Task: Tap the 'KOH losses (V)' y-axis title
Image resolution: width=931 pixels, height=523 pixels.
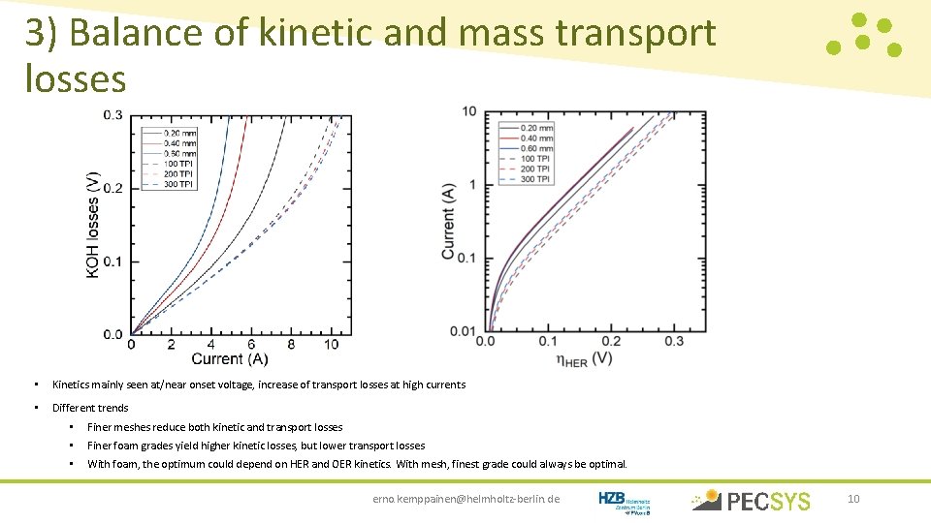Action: pyautogui.click(x=93, y=225)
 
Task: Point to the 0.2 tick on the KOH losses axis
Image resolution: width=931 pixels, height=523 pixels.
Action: pyautogui.click(x=113, y=188)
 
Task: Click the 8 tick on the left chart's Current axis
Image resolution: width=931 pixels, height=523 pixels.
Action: pyautogui.click(x=292, y=345)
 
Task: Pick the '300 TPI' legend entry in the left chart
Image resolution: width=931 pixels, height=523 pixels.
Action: pyautogui.click(x=178, y=184)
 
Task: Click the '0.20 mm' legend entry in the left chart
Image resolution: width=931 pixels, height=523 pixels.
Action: pyautogui.click(x=179, y=133)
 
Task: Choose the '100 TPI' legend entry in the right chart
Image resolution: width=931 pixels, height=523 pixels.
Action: pyautogui.click(x=535, y=159)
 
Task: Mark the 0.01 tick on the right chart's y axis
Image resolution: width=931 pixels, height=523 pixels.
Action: pyautogui.click(x=463, y=331)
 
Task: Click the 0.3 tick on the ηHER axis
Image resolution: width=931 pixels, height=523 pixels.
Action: pyautogui.click(x=674, y=342)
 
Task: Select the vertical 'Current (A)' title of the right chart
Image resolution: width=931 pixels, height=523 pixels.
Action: pyautogui.click(x=448, y=222)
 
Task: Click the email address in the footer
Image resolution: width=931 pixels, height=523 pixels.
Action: pyautogui.click(x=465, y=499)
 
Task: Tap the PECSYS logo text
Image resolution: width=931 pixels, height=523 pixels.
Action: pyautogui.click(x=768, y=501)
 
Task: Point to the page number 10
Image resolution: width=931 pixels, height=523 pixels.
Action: pyautogui.click(x=853, y=499)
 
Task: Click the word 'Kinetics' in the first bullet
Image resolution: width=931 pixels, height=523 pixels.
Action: pyautogui.click(x=71, y=385)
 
